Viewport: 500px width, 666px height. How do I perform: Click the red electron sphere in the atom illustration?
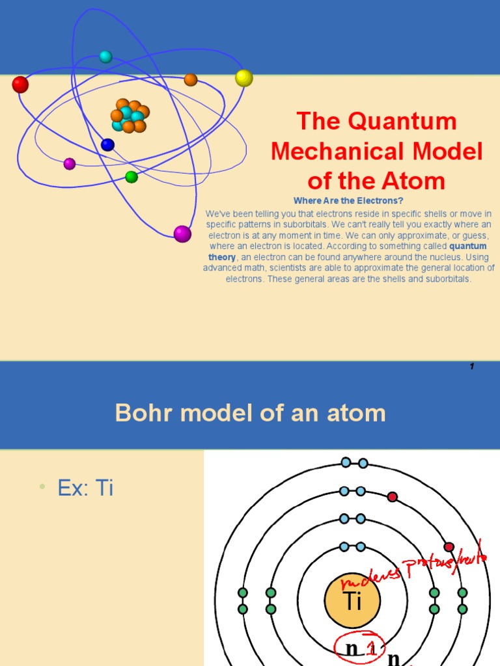pyautogui.click(x=20, y=85)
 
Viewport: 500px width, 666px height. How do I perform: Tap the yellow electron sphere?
pyautogui.click(x=244, y=78)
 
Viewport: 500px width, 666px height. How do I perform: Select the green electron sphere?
pyautogui.click(x=132, y=177)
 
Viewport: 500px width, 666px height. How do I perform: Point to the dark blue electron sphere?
pyautogui.click(x=107, y=145)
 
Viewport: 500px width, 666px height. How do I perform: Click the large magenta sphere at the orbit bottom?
pyautogui.click(x=182, y=234)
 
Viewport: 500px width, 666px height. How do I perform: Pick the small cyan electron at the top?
pyautogui.click(x=105, y=57)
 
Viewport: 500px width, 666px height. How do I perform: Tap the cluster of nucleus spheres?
pyautogui.click(x=129, y=116)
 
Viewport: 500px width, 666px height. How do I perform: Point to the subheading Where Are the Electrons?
pyautogui.click(x=348, y=201)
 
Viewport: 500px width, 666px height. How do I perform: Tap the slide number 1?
pyautogui.click(x=471, y=367)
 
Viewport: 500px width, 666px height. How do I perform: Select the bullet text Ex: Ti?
pyautogui.click(x=85, y=488)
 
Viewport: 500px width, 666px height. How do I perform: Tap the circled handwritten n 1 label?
pyautogui.click(x=360, y=648)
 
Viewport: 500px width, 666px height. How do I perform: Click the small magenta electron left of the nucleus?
pyautogui.click(x=70, y=164)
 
